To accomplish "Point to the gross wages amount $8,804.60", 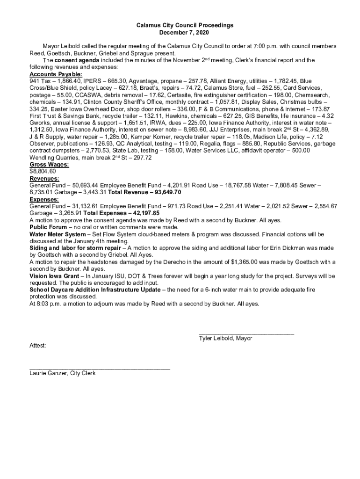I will click(43, 171).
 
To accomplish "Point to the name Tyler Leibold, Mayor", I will click(225, 338).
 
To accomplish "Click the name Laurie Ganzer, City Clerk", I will click(62, 373).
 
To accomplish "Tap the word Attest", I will click(37, 345).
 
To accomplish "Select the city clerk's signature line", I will click(100, 369).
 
